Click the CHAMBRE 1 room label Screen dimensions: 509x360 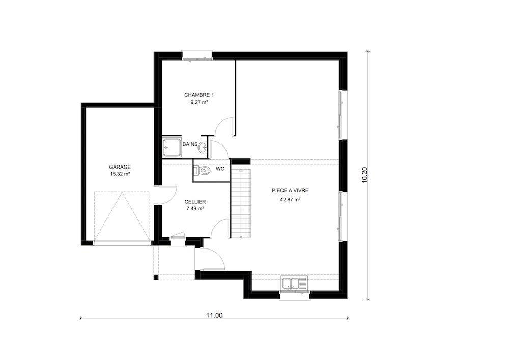pyautogui.click(x=199, y=95)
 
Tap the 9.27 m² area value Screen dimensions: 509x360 pyautogui.click(x=199, y=102)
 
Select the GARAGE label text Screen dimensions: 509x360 pyautogui.click(x=120, y=167)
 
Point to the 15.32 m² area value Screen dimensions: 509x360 pyautogui.click(x=120, y=174)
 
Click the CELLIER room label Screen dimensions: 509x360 pyautogui.click(x=195, y=202)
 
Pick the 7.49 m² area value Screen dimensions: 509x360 pyautogui.click(x=195, y=209)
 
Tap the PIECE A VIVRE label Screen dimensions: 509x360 pyautogui.click(x=290, y=191)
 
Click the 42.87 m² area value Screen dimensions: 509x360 pyautogui.click(x=290, y=200)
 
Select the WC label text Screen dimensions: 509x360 pyautogui.click(x=220, y=169)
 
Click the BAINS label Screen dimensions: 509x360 pyautogui.click(x=190, y=144)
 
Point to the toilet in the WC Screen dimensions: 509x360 pyautogui.click(x=202, y=171)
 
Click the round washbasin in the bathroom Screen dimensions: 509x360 pyautogui.click(x=203, y=147)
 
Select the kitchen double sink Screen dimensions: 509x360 pyautogui.click(x=294, y=284)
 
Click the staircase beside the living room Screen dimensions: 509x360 pyautogui.click(x=241, y=203)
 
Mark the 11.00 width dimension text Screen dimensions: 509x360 pyautogui.click(x=215, y=315)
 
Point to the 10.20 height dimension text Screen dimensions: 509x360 pyautogui.click(x=365, y=175)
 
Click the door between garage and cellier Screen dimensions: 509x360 pyautogui.click(x=166, y=195)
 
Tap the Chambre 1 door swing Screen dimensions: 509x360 pyautogui.click(x=224, y=126)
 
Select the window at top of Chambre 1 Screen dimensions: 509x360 pyautogui.click(x=197, y=56)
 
